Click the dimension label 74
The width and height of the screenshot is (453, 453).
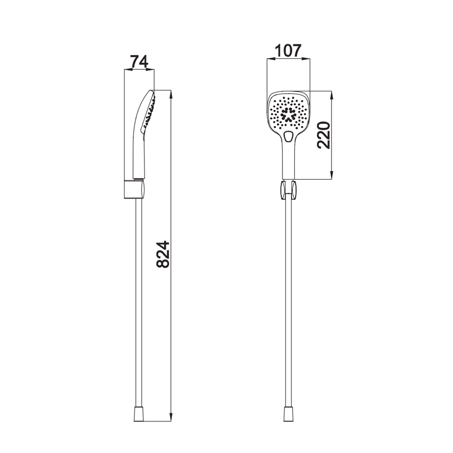point(139,61)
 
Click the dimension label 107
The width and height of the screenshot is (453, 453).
point(288,51)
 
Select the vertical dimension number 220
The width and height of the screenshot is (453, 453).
point(324,135)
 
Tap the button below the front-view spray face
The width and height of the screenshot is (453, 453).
point(288,136)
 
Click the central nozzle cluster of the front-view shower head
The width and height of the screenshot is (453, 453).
point(288,114)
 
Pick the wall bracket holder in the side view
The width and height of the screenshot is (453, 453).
point(134,189)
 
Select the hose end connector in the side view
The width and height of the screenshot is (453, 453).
point(139,414)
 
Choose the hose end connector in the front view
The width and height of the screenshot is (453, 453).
point(288,414)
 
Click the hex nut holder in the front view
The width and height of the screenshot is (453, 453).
point(288,190)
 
